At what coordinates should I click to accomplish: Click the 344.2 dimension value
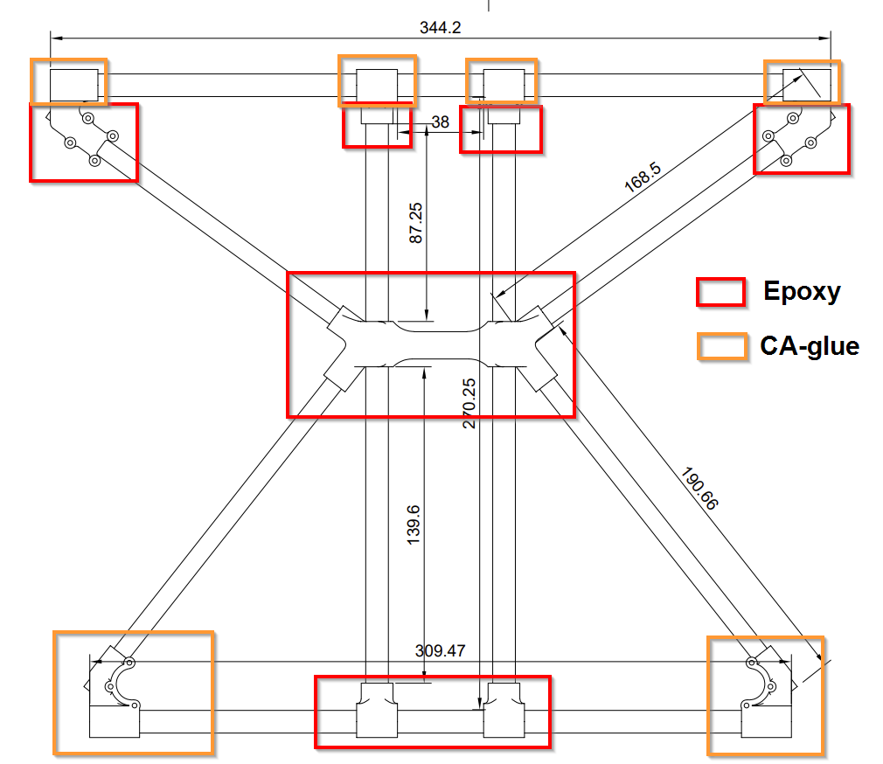pyautogui.click(x=440, y=27)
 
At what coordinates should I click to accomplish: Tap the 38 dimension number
pyautogui.click(x=440, y=122)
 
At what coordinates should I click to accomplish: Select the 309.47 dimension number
pyautogui.click(x=441, y=651)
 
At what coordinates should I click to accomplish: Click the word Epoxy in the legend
pyautogui.click(x=802, y=291)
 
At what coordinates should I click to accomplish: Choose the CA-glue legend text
pyautogui.click(x=809, y=346)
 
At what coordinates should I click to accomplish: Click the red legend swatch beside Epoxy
pyautogui.click(x=720, y=292)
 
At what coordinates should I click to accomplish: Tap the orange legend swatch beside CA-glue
pyautogui.click(x=721, y=346)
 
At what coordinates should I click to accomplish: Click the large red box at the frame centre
pyautogui.click(x=431, y=344)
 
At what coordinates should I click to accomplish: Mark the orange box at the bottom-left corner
pyautogui.click(x=133, y=692)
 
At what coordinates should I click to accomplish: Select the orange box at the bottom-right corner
pyautogui.click(x=766, y=695)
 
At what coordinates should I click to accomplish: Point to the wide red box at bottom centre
pyautogui.click(x=433, y=712)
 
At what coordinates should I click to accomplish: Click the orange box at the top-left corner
pyautogui.click(x=69, y=81)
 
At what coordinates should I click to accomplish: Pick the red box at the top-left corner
pyautogui.click(x=84, y=142)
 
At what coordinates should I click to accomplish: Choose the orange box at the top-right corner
pyautogui.click(x=802, y=81)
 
